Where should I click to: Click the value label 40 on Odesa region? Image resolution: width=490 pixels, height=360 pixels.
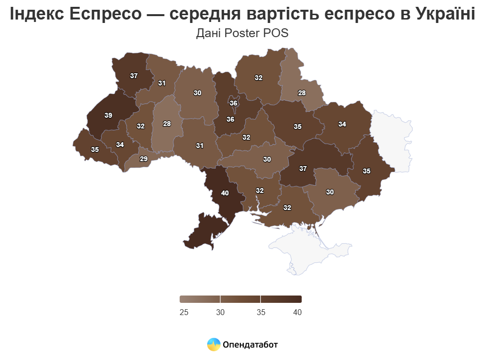[225, 193]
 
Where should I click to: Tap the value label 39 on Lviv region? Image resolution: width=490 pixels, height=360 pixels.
[108, 115]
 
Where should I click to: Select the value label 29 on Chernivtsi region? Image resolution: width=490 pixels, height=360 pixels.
[144, 159]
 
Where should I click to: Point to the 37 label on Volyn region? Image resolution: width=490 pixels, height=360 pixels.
[133, 76]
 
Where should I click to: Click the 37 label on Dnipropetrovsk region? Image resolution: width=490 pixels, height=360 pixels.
[303, 169]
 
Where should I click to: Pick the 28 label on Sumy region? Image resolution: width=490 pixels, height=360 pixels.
[302, 93]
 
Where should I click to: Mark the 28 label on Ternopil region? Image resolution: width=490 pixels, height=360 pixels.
[167, 124]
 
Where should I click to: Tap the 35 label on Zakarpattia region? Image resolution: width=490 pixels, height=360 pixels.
[95, 149]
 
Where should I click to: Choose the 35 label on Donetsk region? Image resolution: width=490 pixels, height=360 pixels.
[366, 171]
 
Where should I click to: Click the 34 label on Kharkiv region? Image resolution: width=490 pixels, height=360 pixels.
[342, 124]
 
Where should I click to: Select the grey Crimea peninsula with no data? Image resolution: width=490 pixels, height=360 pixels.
[313, 249]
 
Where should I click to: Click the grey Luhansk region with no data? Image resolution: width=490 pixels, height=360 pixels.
[393, 139]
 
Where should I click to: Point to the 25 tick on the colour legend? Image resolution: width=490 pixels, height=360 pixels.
[184, 312]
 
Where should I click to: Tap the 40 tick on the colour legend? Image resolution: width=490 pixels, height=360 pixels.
[297, 312]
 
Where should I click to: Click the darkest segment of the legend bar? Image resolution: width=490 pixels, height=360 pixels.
[281, 299]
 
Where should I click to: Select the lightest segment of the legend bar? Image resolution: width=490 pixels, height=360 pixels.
[200, 299]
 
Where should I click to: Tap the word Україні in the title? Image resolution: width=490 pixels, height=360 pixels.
[445, 15]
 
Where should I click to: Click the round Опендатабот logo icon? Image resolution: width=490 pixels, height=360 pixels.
[213, 345]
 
